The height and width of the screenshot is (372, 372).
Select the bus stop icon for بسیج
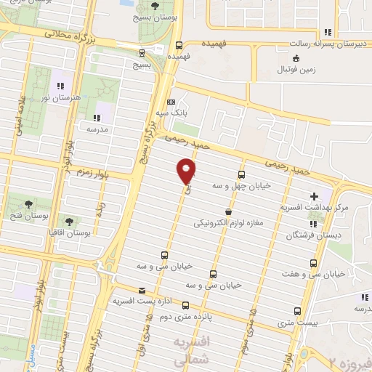pyautogui.click(x=140, y=52)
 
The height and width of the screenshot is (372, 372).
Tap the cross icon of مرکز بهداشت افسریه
pyautogui.click(x=314, y=196)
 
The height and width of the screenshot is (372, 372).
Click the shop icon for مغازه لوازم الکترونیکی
pyautogui.click(x=230, y=212)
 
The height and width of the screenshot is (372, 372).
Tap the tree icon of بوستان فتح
pyautogui.click(x=28, y=204)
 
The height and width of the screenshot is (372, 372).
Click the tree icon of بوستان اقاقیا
pyautogui.click(x=69, y=221)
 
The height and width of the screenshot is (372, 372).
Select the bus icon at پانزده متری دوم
pyautogui.click(x=185, y=306)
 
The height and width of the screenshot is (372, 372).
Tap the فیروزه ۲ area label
pyautogui.click(x=349, y=360)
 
